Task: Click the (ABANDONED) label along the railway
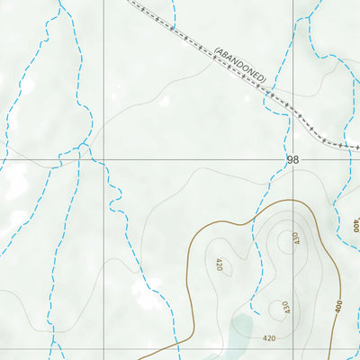[240, 65]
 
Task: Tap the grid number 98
[292, 159]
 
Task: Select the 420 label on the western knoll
[218, 265]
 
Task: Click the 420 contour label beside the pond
[269, 338]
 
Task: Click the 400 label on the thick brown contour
[337, 307]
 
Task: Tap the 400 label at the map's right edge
[355, 225]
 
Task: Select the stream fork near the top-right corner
[310, 18]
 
